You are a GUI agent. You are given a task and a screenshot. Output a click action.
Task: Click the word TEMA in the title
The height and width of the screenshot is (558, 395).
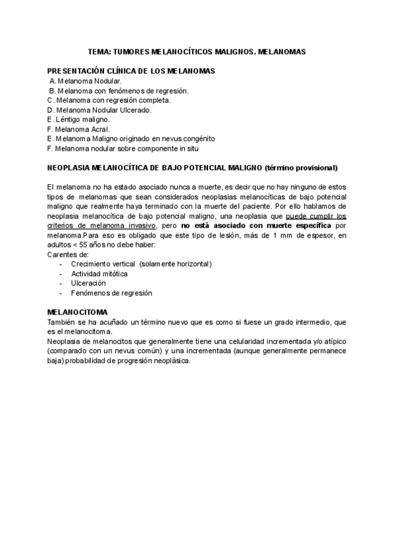point(99,51)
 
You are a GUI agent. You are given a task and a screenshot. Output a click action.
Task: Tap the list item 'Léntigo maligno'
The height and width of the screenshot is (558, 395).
point(83,120)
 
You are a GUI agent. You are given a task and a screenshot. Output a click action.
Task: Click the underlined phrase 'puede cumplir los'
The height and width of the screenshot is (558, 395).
point(317,216)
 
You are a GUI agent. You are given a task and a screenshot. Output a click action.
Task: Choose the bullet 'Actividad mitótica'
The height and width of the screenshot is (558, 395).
point(99,273)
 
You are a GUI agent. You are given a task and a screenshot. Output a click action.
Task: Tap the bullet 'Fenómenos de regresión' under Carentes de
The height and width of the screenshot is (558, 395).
point(111,293)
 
